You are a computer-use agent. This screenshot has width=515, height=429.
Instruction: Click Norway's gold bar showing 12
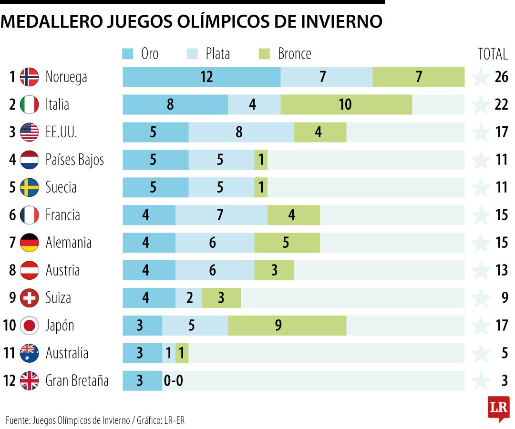point(201,77)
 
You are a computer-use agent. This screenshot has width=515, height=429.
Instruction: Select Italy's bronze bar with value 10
point(346,104)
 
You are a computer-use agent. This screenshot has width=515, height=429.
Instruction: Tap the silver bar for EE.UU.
point(241,132)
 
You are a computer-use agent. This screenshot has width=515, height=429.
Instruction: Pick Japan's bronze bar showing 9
point(287,326)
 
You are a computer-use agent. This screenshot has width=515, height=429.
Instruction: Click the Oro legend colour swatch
point(128,53)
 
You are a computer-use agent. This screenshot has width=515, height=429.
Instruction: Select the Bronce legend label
point(294,53)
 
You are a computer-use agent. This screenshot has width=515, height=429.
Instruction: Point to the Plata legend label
point(217,53)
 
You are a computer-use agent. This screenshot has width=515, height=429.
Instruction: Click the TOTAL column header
point(493,54)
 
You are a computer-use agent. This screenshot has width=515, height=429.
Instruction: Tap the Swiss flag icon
point(30,298)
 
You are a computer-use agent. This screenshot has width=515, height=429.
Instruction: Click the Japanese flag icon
point(30,326)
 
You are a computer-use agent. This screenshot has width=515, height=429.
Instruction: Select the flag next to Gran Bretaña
point(30,381)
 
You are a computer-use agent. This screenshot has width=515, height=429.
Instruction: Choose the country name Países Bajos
point(74,160)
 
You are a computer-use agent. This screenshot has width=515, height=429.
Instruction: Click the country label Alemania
point(68,243)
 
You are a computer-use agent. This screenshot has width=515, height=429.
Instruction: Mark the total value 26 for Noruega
point(501,77)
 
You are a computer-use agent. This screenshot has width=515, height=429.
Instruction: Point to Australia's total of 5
point(505,353)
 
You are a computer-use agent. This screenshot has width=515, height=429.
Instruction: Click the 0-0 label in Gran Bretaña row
point(174,381)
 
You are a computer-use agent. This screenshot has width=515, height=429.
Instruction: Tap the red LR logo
point(498,408)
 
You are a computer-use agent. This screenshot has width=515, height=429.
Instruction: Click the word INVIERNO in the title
point(336,21)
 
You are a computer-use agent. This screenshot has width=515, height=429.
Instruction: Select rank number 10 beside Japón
point(10,326)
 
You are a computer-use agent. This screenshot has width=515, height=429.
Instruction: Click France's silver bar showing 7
point(221,215)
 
